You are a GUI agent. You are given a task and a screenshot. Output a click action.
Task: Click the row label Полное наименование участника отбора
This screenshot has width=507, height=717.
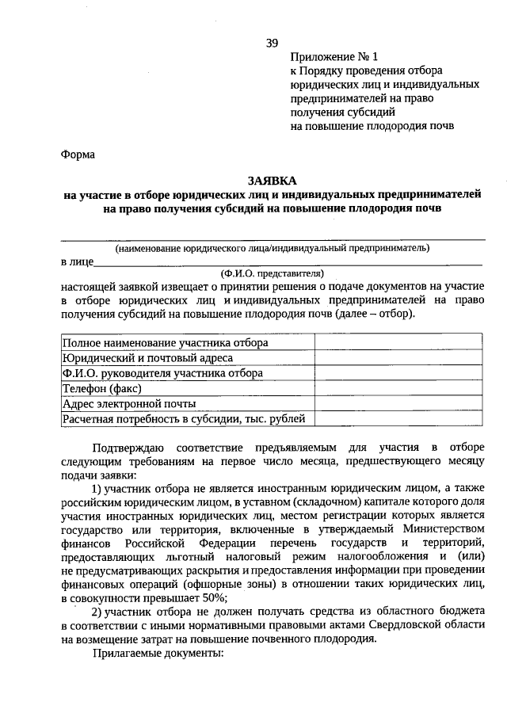(x=165, y=343)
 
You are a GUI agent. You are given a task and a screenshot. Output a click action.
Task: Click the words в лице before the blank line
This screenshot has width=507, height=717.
(x=76, y=261)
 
